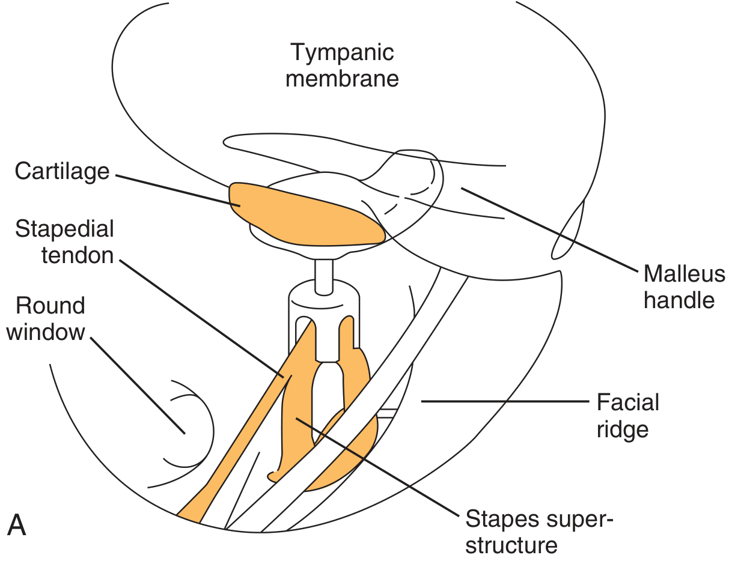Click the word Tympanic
(342, 53)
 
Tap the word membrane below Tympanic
(342, 79)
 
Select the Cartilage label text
(63, 171)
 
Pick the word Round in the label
(50, 306)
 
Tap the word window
(46, 332)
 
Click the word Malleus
(684, 274)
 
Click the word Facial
(627, 402)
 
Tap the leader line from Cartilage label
(174, 190)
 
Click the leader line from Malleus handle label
(547, 228)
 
